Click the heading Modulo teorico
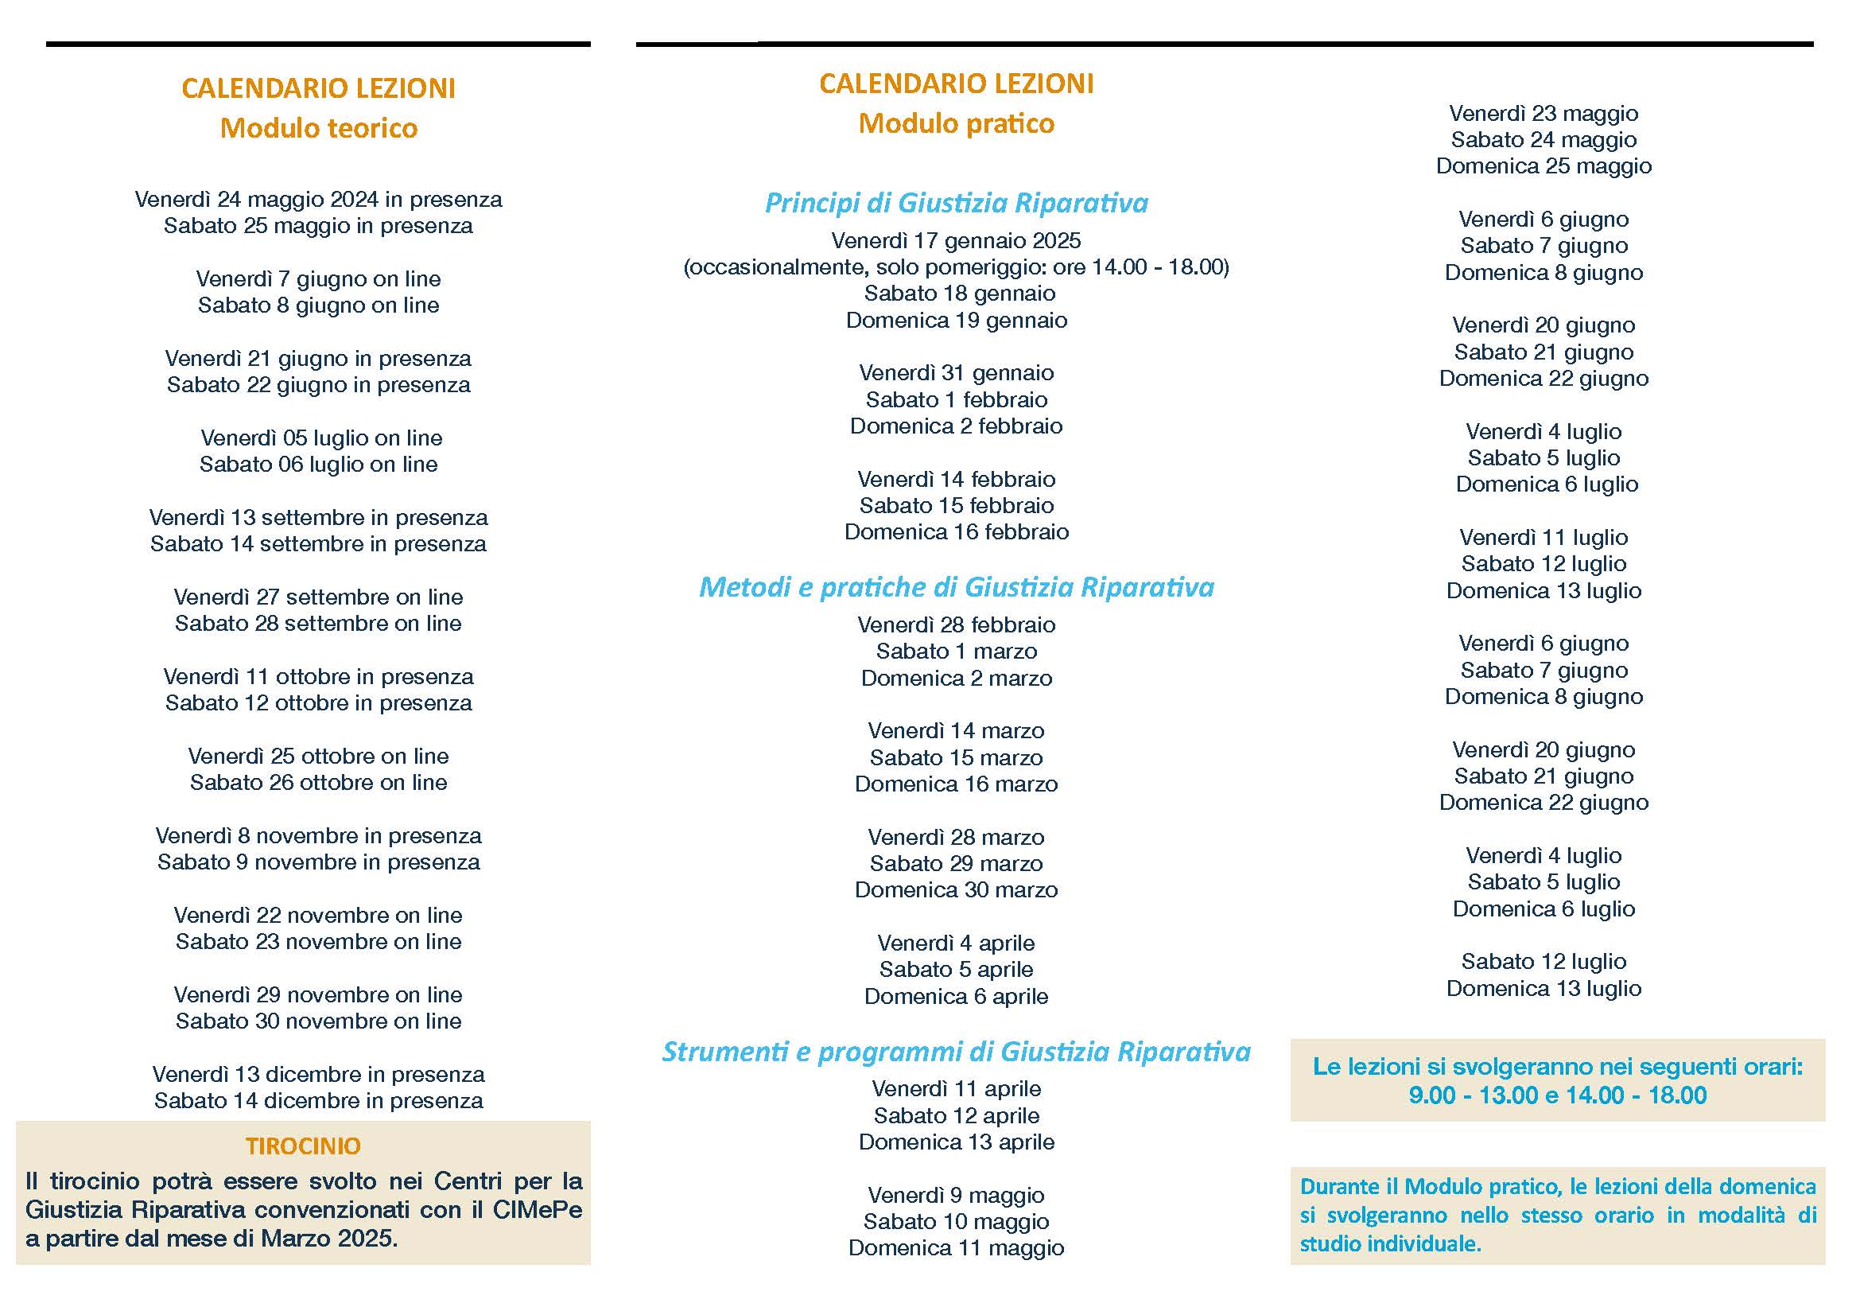pyautogui.click(x=318, y=128)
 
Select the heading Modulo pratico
pyautogui.click(x=956, y=124)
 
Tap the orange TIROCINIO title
pyautogui.click(x=303, y=1146)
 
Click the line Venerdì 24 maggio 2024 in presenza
pyautogui.click(x=318, y=200)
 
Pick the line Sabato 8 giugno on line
pyautogui.click(x=318, y=305)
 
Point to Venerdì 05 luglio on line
pyautogui.click(x=320, y=438)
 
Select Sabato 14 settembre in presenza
pyautogui.click(x=318, y=543)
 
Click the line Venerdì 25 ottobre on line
pyautogui.click(x=318, y=756)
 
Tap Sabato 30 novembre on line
pyautogui.click(x=318, y=1021)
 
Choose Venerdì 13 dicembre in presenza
pyautogui.click(x=318, y=1075)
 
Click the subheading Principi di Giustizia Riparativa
pyautogui.click(x=956, y=203)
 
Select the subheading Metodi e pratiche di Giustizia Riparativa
pyautogui.click(x=956, y=586)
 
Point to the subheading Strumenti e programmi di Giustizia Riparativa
pyautogui.click(x=956, y=1052)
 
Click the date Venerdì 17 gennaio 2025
pyautogui.click(x=956, y=240)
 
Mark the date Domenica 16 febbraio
pyautogui.click(x=956, y=532)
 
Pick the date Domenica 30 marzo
pyautogui.click(x=956, y=890)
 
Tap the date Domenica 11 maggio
pyautogui.click(x=956, y=1247)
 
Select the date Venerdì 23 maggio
pyautogui.click(x=1544, y=114)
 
